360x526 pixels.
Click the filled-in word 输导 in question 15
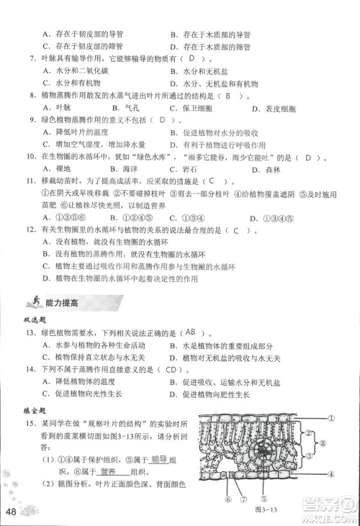pos(163,459)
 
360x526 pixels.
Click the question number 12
pos(31,230)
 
